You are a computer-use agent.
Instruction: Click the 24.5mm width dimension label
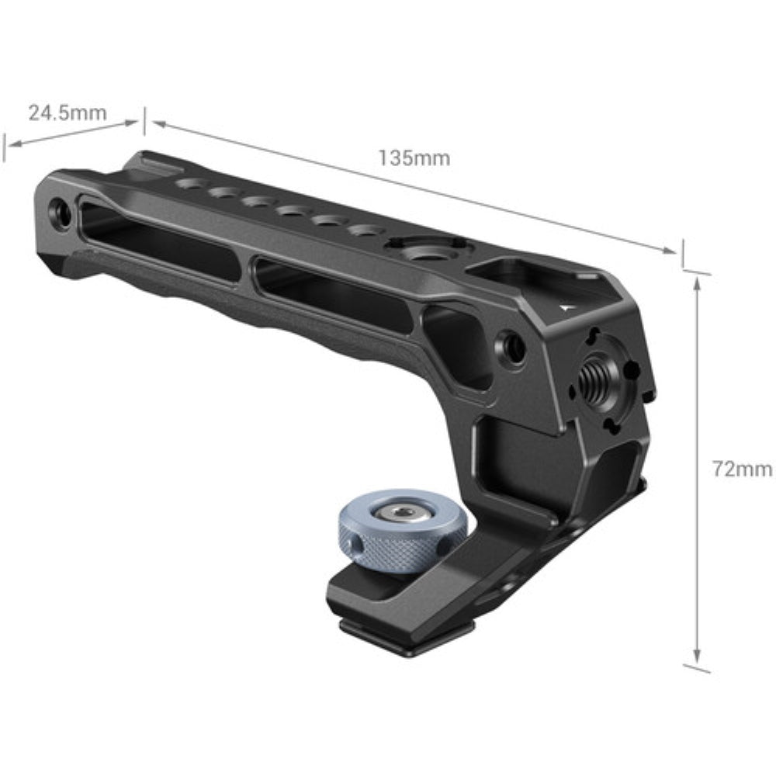[68, 113]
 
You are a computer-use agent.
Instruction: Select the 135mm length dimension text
[414, 158]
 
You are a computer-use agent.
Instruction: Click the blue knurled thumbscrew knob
[401, 531]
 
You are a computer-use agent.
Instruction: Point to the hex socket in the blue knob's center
[401, 512]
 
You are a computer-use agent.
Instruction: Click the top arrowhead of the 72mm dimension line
[698, 282]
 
